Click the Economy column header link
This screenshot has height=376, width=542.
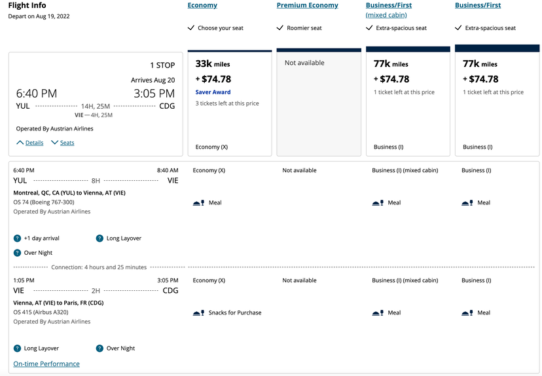202,5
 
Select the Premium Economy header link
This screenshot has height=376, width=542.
307,5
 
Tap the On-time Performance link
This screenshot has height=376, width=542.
46,364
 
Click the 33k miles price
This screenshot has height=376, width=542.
213,64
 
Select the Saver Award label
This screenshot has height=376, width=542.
213,92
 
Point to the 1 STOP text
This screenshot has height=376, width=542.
162,66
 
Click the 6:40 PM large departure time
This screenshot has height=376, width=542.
37,94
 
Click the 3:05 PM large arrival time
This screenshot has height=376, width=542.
154,94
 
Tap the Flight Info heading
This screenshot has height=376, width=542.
27,6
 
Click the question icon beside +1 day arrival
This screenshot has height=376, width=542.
17,238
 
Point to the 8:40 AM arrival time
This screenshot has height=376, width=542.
168,170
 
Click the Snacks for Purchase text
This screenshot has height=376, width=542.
234,312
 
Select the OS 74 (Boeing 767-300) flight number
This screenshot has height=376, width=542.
44,202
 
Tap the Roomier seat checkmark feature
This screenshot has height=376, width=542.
299,28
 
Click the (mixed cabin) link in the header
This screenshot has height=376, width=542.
386,15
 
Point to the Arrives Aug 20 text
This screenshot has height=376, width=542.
153,80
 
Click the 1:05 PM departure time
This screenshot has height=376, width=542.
24,280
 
